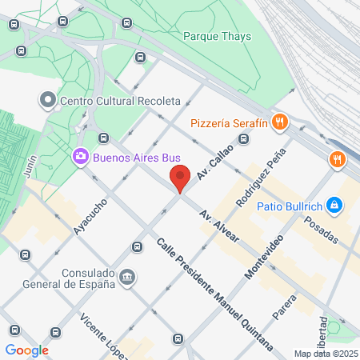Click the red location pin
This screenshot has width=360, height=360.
(179, 178)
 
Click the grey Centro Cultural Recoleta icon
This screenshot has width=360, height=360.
(47, 101)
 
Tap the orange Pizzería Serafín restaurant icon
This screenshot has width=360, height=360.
(279, 122)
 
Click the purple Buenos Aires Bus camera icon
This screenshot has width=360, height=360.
(80, 157)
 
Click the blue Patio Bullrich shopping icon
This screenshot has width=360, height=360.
(335, 206)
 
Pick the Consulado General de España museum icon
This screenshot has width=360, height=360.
(127, 278)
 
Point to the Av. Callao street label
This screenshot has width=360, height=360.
(214, 162)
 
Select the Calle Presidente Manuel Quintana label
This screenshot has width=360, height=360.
(214, 295)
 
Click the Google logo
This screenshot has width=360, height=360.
(27, 350)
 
